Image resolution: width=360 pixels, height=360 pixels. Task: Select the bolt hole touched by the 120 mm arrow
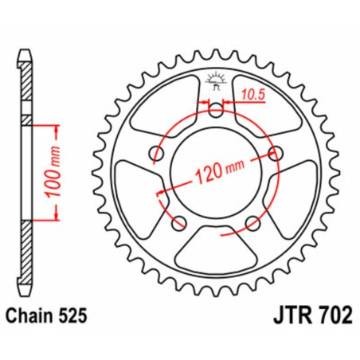(x=276, y=153)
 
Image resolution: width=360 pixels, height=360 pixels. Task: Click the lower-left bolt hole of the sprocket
(x=178, y=221)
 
